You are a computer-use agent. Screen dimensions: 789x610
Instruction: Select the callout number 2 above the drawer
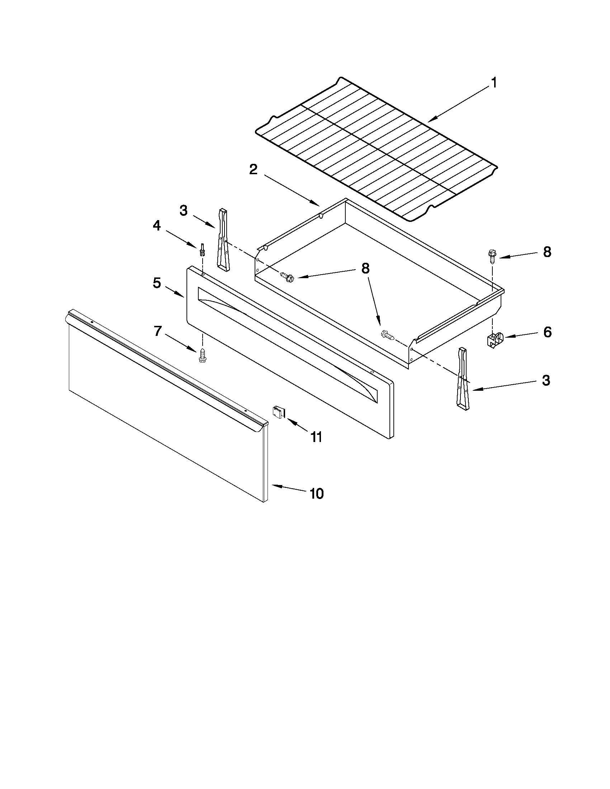253,169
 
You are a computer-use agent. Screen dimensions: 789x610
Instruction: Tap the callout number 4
156,226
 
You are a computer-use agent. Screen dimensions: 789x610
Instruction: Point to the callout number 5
156,283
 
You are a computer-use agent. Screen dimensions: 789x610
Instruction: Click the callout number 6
547,332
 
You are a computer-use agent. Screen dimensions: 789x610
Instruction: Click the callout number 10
317,494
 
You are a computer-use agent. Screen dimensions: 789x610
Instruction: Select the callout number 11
316,437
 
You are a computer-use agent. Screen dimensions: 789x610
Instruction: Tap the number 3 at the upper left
184,211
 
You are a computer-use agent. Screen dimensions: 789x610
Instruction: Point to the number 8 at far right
547,252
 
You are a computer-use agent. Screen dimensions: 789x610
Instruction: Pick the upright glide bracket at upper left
223,239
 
